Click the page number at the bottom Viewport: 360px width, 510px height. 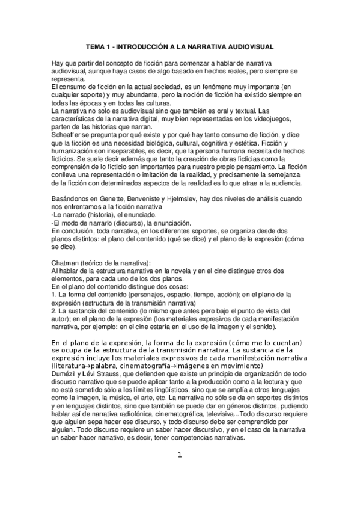[x=179, y=455]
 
